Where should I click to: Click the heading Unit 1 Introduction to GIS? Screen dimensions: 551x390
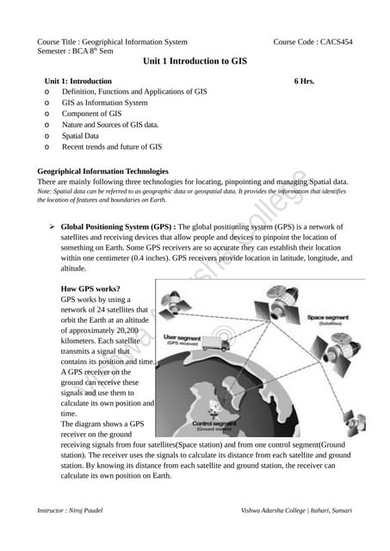pyautogui.click(x=195, y=62)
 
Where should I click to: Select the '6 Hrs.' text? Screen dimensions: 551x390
pyautogui.click(x=304, y=80)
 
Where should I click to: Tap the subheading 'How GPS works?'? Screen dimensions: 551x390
pyautogui.click(x=90, y=288)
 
